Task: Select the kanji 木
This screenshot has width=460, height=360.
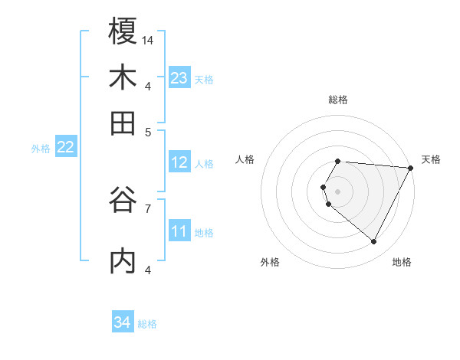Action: point(123,77)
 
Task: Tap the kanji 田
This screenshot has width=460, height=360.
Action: point(123,123)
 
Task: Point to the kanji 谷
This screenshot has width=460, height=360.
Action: point(123,201)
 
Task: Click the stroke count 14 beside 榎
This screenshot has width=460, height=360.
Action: point(149,40)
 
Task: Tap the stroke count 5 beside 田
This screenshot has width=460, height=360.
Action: point(148,131)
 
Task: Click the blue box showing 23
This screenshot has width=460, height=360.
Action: point(179,77)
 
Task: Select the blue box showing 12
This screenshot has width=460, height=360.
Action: point(179,162)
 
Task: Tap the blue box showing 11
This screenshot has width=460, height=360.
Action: point(179,231)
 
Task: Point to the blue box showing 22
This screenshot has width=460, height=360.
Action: point(65,148)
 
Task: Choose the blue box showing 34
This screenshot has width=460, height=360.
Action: point(123,323)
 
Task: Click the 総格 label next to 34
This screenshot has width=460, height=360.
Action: point(147,324)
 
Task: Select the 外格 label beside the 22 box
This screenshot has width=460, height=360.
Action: point(41,149)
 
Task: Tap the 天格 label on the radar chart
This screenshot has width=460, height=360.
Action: point(431,159)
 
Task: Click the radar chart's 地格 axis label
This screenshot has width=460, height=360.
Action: point(402,262)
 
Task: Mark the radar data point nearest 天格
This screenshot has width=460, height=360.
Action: point(411,168)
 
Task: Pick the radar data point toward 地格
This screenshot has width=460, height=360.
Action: point(374,242)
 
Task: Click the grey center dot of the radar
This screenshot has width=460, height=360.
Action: point(337,191)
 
